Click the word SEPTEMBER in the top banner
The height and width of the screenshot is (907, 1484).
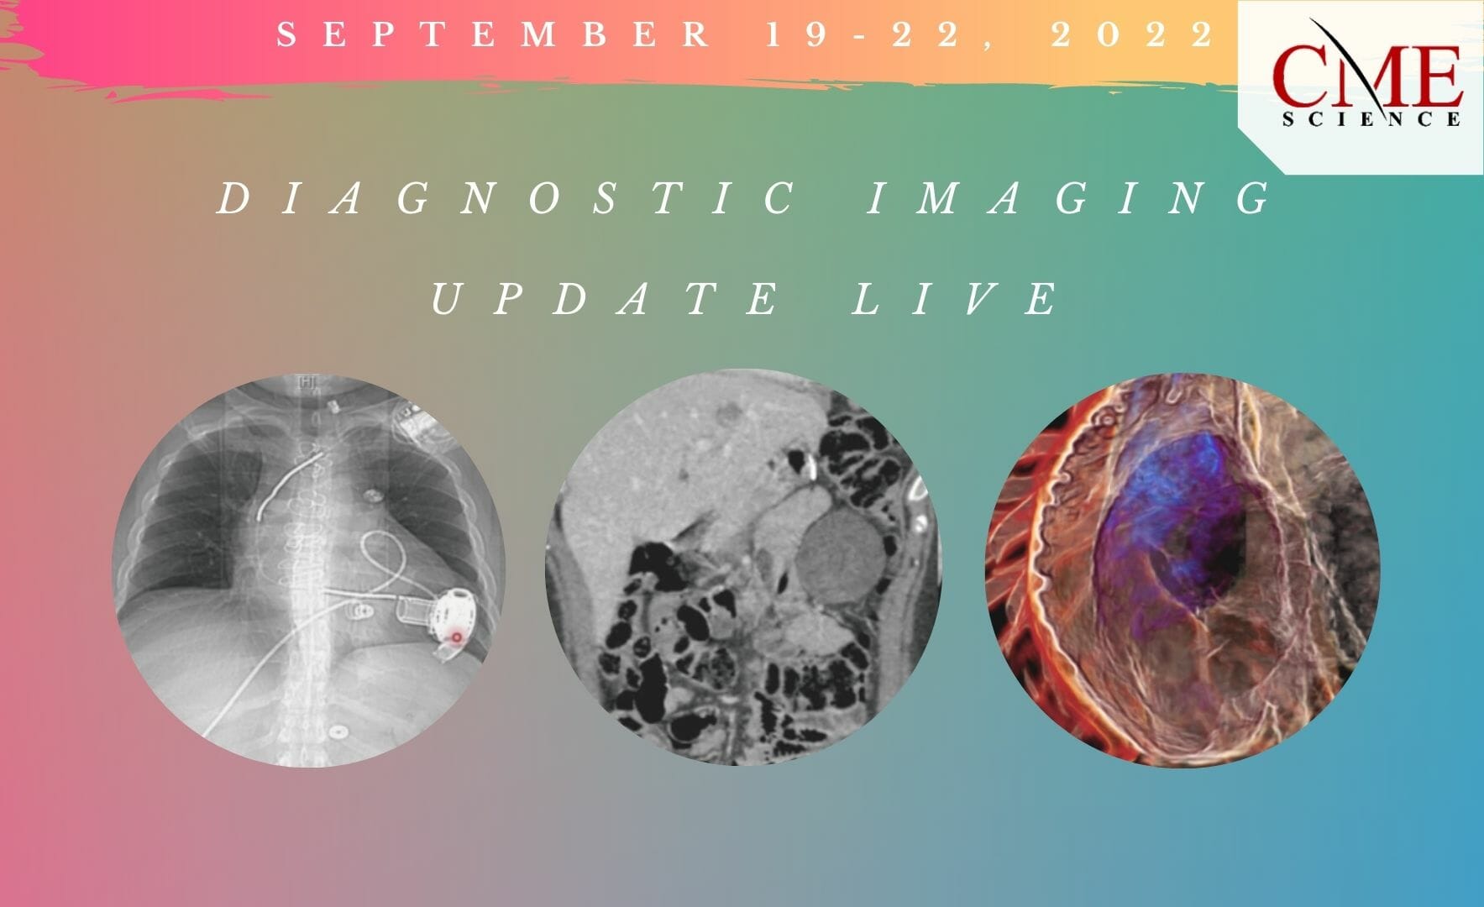(493, 34)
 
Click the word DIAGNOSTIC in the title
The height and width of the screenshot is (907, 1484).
(508, 199)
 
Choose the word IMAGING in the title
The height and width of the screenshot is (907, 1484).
(1069, 199)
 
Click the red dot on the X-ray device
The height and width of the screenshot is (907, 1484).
(456, 638)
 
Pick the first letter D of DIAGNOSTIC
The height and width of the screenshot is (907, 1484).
(231, 199)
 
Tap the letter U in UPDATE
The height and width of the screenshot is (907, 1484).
(445, 299)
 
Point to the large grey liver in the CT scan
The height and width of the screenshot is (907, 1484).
(638, 470)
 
